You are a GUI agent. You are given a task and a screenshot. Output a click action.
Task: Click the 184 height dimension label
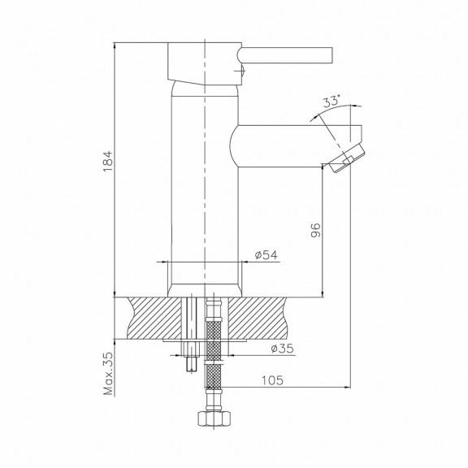107,161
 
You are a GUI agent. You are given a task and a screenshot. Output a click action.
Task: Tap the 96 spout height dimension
315,230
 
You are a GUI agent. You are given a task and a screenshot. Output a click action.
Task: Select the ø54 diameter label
266,255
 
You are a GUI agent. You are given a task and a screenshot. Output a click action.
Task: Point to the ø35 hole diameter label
283,349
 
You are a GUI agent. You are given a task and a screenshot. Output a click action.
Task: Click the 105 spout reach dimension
272,380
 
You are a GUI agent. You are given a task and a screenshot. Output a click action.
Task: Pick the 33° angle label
331,101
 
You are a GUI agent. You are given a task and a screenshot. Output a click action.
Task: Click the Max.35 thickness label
108,374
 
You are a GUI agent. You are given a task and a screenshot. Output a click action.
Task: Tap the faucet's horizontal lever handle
285,55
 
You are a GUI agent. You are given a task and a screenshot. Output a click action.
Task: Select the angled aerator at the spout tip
347,158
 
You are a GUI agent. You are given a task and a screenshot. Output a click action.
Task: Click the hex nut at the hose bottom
214,419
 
